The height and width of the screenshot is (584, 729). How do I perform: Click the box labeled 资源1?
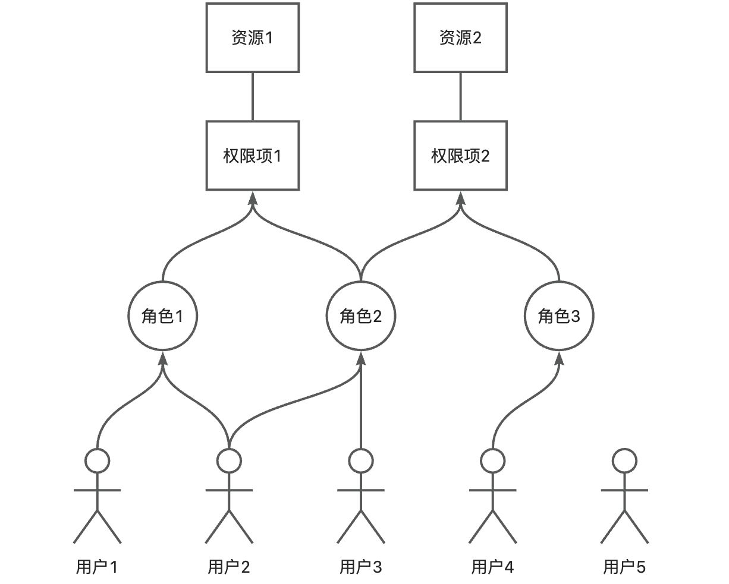click(x=252, y=38)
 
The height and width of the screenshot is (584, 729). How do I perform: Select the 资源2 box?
click(x=460, y=38)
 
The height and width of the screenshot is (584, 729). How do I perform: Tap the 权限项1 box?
click(x=252, y=156)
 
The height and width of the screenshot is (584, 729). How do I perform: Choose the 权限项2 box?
click(x=460, y=156)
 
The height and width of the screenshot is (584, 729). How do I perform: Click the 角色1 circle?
click(x=162, y=316)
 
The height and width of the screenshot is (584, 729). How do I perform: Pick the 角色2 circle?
click(x=360, y=316)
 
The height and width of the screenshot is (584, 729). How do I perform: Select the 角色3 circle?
click(x=559, y=316)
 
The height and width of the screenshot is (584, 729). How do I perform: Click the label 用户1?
click(x=97, y=567)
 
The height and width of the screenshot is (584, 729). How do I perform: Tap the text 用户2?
click(x=229, y=567)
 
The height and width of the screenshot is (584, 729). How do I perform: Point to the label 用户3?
click(x=361, y=567)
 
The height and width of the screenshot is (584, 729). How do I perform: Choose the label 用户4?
click(x=492, y=567)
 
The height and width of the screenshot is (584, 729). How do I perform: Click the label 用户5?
click(x=624, y=567)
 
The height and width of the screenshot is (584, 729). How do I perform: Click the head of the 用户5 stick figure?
click(x=624, y=460)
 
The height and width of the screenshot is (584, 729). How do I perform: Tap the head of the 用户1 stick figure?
click(x=97, y=460)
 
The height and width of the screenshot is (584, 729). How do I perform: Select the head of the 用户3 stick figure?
click(x=361, y=460)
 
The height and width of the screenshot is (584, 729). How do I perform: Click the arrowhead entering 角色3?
click(x=559, y=358)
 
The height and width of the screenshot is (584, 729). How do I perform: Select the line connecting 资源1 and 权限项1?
click(x=253, y=97)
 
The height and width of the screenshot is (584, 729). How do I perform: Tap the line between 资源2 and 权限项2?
click(x=460, y=97)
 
